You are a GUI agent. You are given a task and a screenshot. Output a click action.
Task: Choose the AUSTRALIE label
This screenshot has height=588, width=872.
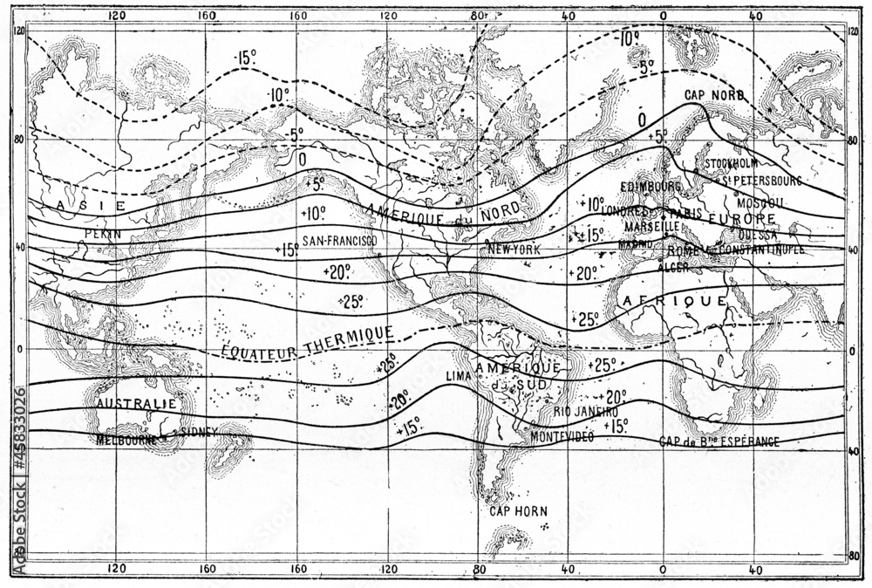click(136, 404)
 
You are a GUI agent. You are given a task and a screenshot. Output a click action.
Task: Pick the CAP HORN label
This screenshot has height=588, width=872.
click(514, 511)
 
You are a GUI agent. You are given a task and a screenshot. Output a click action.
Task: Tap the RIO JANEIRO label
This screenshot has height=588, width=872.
click(586, 411)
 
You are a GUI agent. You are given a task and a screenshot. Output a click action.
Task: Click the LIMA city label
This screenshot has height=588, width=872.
click(459, 375)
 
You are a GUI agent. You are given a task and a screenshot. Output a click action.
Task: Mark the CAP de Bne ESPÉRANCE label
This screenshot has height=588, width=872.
click(719, 441)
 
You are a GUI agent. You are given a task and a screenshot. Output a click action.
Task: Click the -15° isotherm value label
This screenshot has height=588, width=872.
click(245, 58)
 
